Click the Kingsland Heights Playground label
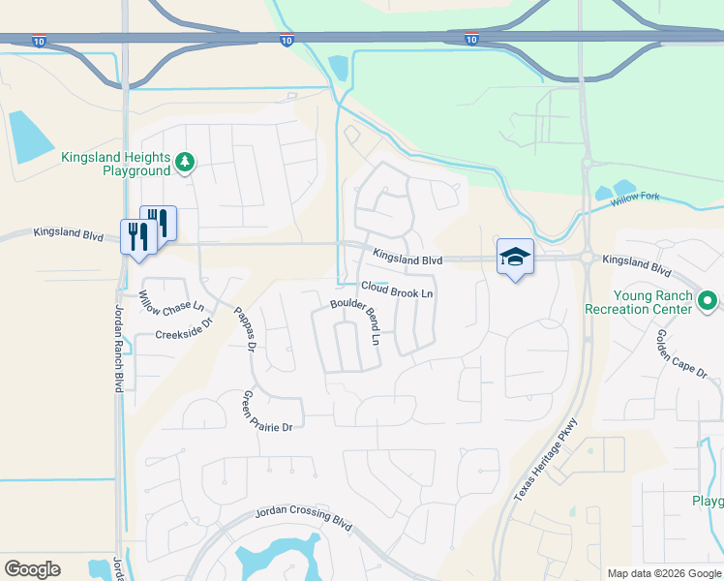pos(116,164)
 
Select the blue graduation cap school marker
pos(515,257)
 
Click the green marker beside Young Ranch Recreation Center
pos(709,302)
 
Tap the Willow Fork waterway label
pos(635,198)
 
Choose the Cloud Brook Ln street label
pos(397,290)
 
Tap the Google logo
pos(32,568)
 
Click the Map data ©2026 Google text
pos(663,573)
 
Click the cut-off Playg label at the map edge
pos(708,501)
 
